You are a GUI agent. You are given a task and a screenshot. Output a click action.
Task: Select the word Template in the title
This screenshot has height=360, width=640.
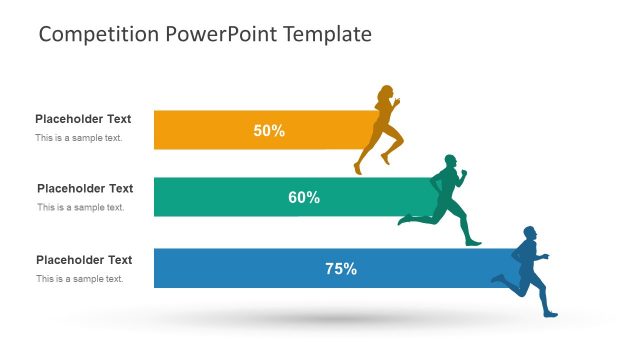click(x=327, y=34)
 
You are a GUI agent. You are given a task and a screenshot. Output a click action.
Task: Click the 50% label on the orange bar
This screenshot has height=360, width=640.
click(x=269, y=130)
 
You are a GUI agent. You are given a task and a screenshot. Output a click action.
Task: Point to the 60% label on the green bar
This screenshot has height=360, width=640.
click(x=304, y=198)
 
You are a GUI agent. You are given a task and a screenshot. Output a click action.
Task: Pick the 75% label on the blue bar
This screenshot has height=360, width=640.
click(x=341, y=268)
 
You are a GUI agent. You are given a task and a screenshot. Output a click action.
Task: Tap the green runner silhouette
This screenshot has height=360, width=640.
click(x=447, y=200)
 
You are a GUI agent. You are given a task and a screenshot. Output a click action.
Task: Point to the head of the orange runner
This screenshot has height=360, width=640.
click(x=386, y=94)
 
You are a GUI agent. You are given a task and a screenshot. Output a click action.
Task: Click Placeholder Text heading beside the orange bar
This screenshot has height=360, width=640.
click(x=83, y=119)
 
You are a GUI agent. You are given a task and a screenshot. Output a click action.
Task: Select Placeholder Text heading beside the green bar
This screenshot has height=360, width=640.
click(x=85, y=188)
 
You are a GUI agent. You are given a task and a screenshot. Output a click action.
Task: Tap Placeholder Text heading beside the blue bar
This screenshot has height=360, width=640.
click(x=84, y=260)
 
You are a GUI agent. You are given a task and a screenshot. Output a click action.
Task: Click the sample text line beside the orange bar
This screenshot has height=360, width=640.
click(x=79, y=138)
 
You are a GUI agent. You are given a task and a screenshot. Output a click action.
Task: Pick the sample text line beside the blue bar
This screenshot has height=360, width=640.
click(x=80, y=279)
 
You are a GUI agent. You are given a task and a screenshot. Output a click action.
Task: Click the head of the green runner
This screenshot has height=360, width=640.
click(x=451, y=161)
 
